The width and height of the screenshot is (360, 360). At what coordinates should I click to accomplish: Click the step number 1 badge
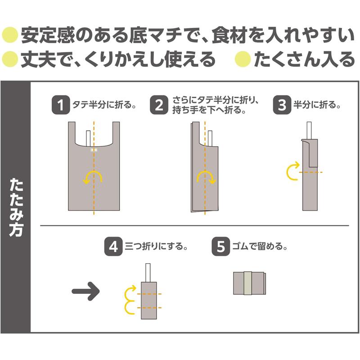(x=61, y=105)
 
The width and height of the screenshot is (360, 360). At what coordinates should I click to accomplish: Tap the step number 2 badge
(x=159, y=105)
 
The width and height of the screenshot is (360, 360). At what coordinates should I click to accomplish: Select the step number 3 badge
(x=282, y=105)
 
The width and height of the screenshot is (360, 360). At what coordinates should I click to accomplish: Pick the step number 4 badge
(x=113, y=247)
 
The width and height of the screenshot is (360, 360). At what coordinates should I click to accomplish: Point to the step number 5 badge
(x=220, y=247)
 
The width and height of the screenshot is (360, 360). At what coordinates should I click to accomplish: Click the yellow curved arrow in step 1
(x=92, y=172)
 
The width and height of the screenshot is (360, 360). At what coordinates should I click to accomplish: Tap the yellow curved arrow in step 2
(x=207, y=172)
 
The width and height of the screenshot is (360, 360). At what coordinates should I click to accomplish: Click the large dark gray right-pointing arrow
(x=85, y=291)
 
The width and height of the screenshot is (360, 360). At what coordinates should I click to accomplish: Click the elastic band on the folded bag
(x=248, y=283)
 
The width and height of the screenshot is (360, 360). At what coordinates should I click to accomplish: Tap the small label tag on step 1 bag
(x=94, y=150)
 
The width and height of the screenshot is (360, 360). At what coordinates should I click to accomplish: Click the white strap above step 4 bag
(x=148, y=273)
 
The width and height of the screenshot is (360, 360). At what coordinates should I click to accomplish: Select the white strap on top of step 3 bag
(x=309, y=130)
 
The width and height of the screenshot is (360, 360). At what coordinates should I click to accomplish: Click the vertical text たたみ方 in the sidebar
(x=16, y=207)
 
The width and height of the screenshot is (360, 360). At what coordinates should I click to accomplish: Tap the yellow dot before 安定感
(x=10, y=35)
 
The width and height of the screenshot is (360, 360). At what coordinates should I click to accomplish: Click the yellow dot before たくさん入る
(x=243, y=59)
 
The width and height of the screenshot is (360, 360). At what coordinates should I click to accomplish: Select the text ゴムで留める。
(x=260, y=247)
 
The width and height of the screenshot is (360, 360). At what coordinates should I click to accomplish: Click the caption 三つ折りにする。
(x=156, y=247)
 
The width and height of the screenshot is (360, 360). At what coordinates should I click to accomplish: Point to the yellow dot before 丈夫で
(x=10, y=59)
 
